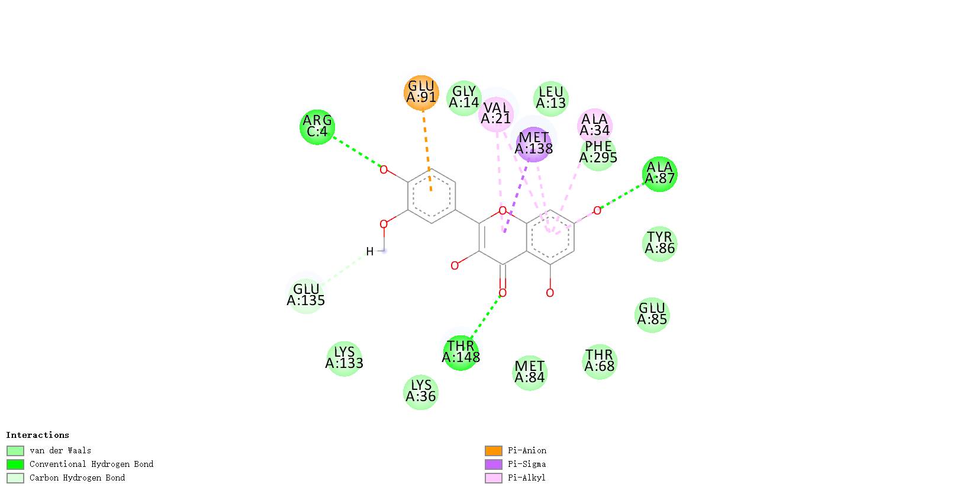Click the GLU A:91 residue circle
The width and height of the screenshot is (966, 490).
tap(421, 92)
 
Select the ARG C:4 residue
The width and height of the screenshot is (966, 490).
tap(317, 126)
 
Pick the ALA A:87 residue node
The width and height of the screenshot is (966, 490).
tap(659, 174)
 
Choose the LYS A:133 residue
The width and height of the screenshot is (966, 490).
tap(344, 358)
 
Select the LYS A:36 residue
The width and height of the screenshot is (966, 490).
tap(421, 392)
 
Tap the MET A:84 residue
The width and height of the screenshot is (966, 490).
tap(529, 372)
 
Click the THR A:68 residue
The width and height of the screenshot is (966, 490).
tap(599, 361)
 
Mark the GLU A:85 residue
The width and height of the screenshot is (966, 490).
tap(652, 315)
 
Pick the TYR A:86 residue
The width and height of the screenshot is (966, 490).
tap(659, 243)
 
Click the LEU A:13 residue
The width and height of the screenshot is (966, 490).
tap(550, 98)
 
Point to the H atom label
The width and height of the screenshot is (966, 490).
tap(370, 251)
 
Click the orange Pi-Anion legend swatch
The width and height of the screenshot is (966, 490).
tap(493, 451)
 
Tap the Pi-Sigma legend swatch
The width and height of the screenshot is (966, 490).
tap(493, 465)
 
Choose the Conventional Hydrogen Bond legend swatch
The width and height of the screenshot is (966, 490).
tap(15, 465)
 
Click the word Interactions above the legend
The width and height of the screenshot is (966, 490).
tap(37, 435)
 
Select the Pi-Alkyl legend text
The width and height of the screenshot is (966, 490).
tap(526, 478)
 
